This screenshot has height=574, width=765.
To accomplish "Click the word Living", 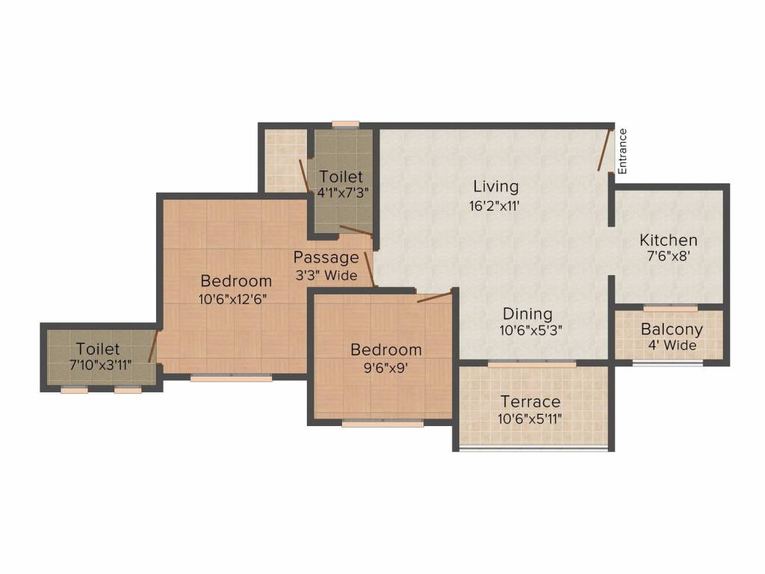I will (495, 187).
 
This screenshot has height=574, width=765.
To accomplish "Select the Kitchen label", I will (669, 241).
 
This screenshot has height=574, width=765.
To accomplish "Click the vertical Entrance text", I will (622, 152).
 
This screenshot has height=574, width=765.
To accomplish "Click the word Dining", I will (527, 314).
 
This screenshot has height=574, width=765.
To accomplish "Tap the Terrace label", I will (530, 402).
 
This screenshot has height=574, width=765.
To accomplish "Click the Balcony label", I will (672, 330).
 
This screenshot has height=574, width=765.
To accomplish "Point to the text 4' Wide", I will (672, 345).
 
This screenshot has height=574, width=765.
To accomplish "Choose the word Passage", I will (326, 259).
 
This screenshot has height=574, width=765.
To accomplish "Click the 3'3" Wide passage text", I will (326, 276).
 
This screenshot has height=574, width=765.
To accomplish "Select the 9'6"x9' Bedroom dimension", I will (385, 367).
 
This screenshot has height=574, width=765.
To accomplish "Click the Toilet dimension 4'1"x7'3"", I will (341, 193).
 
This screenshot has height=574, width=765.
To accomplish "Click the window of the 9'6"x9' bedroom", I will (382, 423).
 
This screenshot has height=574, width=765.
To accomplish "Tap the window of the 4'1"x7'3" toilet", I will (345, 125).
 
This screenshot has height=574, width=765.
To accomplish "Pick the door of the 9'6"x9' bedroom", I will (434, 297).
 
